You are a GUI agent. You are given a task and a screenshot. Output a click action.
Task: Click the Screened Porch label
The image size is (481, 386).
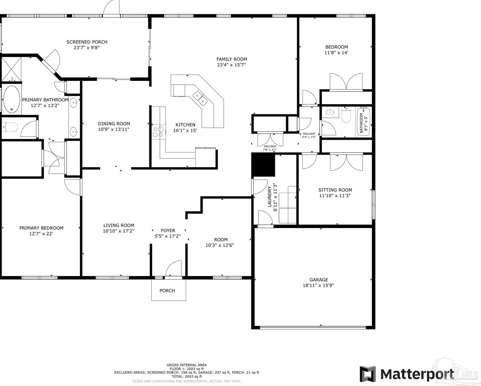pos(87,42)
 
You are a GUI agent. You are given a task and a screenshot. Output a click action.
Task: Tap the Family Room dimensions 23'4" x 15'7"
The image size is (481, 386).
pos(231,65)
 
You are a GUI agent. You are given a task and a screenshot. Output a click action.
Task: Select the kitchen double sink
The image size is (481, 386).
pos(200,98)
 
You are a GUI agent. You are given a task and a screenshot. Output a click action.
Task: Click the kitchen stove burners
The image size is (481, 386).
pos(158,132)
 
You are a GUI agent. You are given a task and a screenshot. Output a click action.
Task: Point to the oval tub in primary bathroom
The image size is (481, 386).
pos(12,99)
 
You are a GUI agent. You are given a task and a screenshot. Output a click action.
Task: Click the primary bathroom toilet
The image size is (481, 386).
pos(10,127)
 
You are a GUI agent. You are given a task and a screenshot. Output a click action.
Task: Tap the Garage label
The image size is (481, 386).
pos(319,280)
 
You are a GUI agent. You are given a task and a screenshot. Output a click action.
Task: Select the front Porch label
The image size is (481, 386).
pos(167,291)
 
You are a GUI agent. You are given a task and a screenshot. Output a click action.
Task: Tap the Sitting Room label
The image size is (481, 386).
pos(335,190)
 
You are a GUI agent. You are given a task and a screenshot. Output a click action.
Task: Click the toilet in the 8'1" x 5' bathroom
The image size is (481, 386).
pos(346,115)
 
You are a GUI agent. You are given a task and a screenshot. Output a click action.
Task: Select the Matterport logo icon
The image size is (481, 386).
pos(368,374)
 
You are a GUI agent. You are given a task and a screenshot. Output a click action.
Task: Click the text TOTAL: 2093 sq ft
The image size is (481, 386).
pos(187,376)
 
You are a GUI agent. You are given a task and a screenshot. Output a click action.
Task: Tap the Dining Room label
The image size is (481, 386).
pos(114,124)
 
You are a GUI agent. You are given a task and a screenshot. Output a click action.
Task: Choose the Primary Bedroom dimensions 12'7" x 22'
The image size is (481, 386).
pos(41,234)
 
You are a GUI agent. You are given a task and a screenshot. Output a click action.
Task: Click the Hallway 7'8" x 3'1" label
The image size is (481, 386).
pos(270,148)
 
